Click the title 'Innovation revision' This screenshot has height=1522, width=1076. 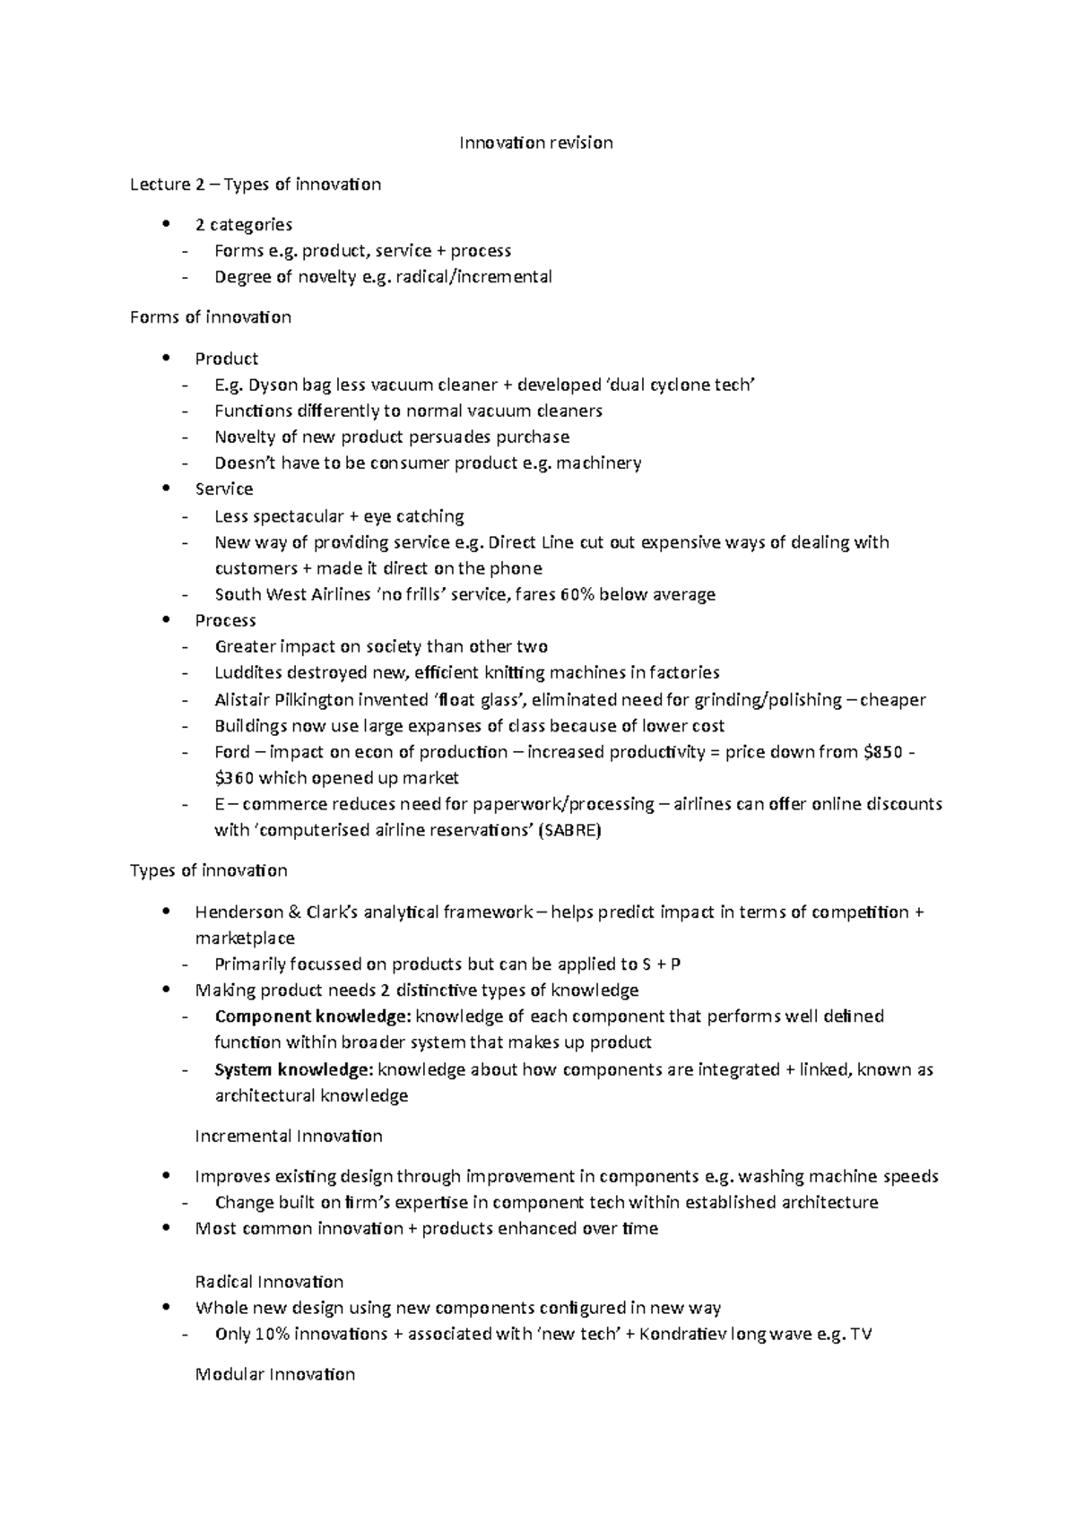point(536,143)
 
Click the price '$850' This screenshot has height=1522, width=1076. point(881,752)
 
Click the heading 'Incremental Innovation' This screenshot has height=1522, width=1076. point(289,1137)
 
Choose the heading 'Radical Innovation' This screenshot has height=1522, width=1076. point(269,1282)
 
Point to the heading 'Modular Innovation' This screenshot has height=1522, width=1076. point(275,1374)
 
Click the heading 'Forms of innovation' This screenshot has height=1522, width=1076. point(211,317)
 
